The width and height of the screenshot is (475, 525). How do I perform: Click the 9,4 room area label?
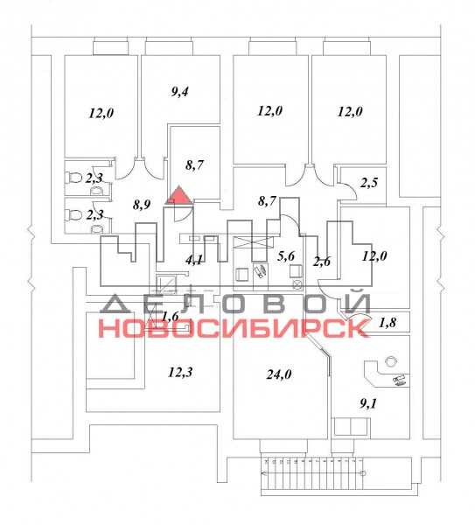pos(179,91)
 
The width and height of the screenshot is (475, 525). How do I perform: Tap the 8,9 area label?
pos(142,205)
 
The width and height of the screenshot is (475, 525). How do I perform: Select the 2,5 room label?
pos(369,183)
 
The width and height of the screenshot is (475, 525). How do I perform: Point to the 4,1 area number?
pos(195,260)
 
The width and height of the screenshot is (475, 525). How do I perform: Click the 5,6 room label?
pos(286,256)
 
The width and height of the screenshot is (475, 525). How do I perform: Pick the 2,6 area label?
pos(322,261)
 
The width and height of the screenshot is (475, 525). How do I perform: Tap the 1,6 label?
pos(171,316)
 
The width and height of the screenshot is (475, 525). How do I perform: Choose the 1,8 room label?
pos(388,322)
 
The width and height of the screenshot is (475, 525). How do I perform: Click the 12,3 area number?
pos(180,373)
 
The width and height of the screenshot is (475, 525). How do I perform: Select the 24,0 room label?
pos(278,374)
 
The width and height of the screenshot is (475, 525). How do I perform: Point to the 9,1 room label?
pos(368,403)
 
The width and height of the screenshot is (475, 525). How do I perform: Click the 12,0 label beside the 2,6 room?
pos(374,256)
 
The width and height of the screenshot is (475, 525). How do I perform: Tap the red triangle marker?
pos(179,195)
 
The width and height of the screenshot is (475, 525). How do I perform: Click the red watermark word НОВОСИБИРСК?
pos(234,328)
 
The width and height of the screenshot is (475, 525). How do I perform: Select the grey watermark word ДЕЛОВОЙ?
pos(235,303)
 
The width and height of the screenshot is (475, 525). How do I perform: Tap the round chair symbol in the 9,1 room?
pos(390,360)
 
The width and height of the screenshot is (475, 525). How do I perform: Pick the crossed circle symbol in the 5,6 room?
pos(297,285)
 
